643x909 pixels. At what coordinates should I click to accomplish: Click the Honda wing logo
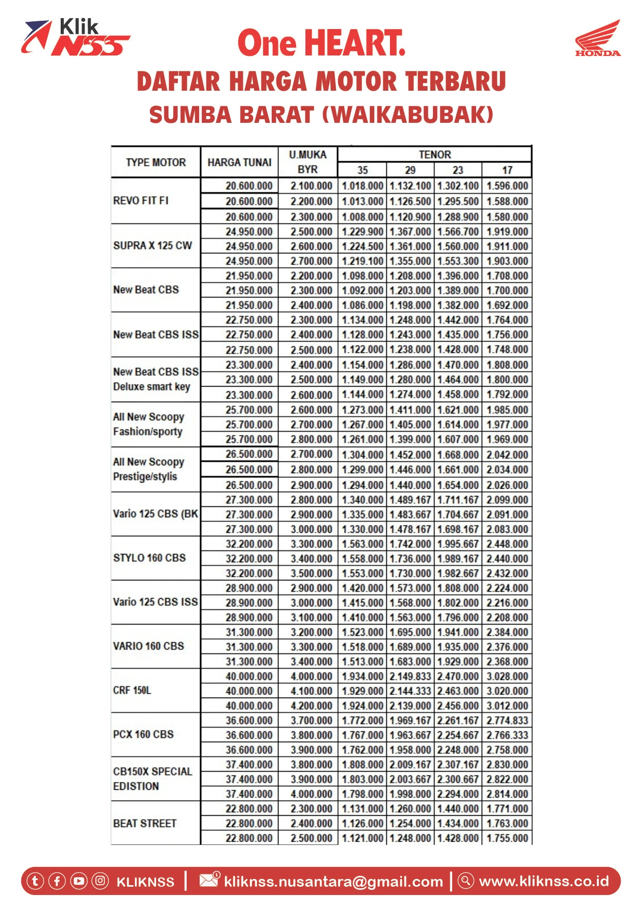[598, 37]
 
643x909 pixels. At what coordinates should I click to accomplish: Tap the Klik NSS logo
[75, 37]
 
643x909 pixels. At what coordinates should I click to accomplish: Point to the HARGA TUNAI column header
[239, 162]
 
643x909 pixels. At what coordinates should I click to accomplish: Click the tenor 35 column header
[362, 170]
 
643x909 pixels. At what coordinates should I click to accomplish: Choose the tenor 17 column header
[507, 170]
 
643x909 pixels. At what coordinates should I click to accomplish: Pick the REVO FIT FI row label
[141, 201]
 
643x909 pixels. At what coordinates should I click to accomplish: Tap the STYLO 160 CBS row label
[149, 558]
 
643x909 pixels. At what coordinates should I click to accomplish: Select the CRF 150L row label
[132, 690]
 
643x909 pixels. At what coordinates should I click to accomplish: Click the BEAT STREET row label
[145, 823]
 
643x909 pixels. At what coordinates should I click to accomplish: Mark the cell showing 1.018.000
[362, 186]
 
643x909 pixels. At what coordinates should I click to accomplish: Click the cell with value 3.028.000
[507, 676]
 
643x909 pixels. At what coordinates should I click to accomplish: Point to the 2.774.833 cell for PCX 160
[507, 720]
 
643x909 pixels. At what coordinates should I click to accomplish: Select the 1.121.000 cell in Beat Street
[362, 838]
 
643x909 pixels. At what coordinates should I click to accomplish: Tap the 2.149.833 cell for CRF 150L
[410, 676]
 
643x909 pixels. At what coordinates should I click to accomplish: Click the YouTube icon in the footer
[79, 881]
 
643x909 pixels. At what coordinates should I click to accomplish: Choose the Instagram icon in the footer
[100, 881]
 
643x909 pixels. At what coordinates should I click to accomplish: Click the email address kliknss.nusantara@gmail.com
[333, 882]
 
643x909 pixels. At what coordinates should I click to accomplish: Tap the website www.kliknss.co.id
[543, 881]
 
